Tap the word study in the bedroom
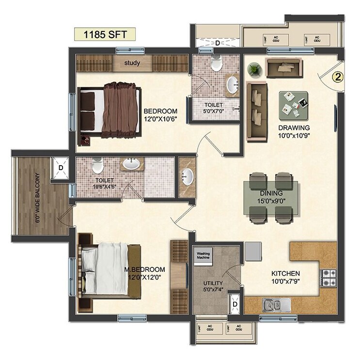pos(132,63)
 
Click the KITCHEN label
pos(285,274)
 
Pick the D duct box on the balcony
pos(61,168)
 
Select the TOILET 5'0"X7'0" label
pos(213,108)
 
